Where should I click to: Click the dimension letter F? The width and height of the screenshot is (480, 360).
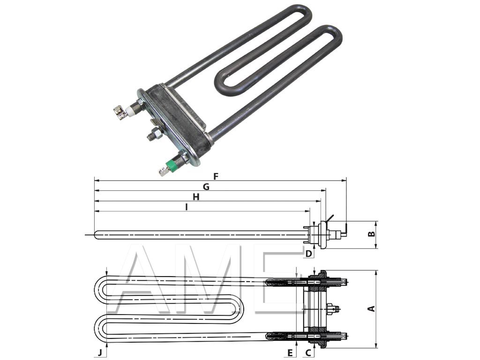pos(216,177)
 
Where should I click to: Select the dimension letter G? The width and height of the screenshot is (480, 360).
pos(206,187)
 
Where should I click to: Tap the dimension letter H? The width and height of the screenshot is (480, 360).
pos(196,197)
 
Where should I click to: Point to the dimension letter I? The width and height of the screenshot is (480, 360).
pos(187,207)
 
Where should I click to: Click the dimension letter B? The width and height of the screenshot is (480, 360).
pos(371,233)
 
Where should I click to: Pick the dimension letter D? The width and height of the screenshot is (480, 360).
pos(308,254)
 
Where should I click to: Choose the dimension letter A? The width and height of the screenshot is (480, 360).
pos(371,308)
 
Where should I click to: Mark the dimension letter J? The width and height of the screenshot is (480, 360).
pos(99,352)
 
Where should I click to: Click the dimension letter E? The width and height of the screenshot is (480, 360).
pos(290,352)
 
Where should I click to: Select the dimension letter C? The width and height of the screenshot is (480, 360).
pos(308,352)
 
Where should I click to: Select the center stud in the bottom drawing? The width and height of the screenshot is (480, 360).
pos(334,308)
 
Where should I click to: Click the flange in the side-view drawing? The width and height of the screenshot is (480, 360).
pos(321,234)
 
